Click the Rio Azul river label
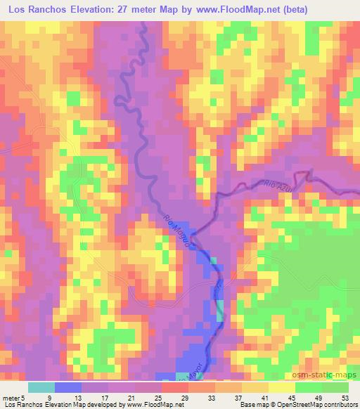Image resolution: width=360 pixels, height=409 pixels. click(278, 185)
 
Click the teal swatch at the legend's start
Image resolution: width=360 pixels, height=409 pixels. click(41, 387)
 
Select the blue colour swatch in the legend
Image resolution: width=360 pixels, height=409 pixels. click(68, 387)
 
